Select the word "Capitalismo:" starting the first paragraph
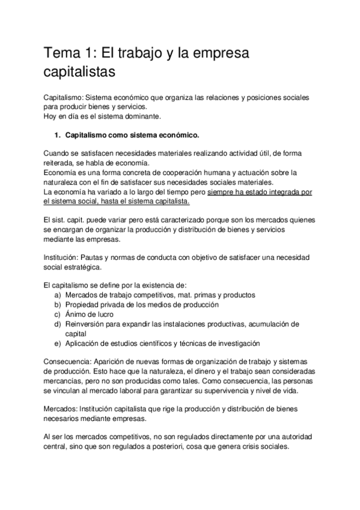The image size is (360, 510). (66, 97)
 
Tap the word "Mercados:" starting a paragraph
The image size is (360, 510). (62, 408)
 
